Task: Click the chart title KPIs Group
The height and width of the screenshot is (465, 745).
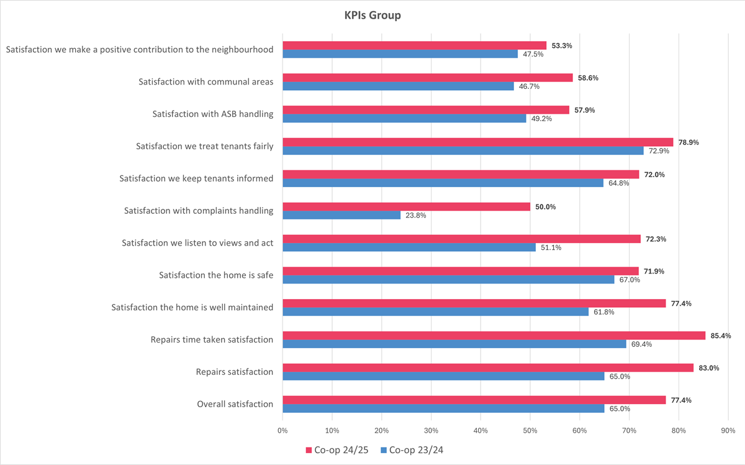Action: (x=372, y=16)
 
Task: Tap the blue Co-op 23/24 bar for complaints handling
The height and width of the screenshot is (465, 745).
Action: (x=341, y=215)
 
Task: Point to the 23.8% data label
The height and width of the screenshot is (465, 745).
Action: (x=416, y=216)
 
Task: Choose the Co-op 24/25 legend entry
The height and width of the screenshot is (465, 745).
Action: (x=338, y=449)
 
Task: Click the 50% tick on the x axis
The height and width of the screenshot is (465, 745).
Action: (x=530, y=430)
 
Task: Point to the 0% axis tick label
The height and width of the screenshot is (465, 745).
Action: (x=282, y=430)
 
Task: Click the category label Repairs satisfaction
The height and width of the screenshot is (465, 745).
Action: (x=234, y=372)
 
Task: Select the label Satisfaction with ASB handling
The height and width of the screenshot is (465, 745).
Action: (x=212, y=114)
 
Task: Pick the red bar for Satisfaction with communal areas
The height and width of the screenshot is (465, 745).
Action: (x=427, y=78)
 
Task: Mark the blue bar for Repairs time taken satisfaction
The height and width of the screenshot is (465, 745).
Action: (x=454, y=344)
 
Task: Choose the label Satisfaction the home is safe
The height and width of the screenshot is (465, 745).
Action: (x=215, y=275)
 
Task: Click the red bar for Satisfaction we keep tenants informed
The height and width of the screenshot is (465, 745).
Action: (x=461, y=175)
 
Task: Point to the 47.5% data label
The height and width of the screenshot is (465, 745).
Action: (x=533, y=54)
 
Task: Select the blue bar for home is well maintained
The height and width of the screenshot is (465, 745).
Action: (x=435, y=311)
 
